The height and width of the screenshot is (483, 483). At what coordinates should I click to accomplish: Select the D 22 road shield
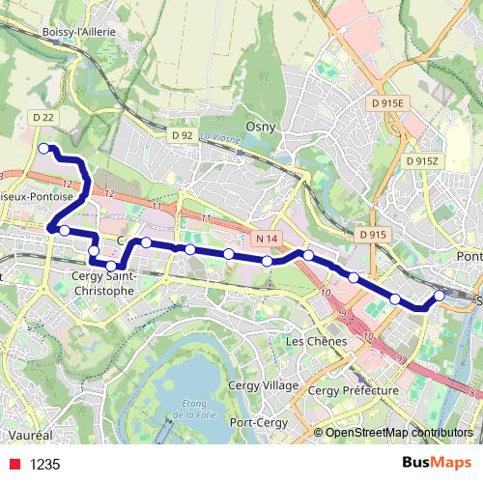(x=42, y=118)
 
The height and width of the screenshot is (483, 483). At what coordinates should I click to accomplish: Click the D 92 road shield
(x=182, y=135)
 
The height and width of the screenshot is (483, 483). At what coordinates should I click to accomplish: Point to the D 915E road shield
(x=389, y=101)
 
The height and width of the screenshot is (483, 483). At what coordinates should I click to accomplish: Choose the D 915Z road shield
(x=422, y=161)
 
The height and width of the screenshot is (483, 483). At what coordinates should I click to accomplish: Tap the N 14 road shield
(x=267, y=237)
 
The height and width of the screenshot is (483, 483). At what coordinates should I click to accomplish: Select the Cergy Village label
(x=262, y=385)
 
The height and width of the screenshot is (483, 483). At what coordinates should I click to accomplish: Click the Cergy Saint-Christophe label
(x=103, y=282)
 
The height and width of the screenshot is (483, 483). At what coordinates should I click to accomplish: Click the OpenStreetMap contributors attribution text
(x=398, y=433)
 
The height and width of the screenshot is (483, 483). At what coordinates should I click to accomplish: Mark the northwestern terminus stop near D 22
(x=43, y=149)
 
